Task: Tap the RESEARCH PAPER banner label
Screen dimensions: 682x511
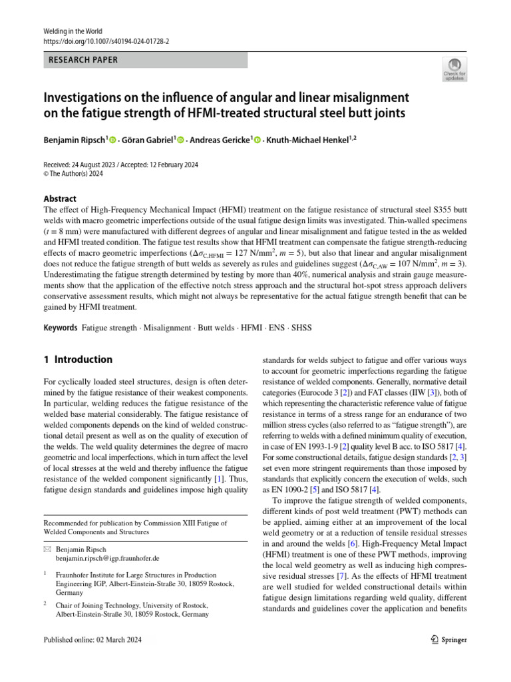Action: coord(84,60)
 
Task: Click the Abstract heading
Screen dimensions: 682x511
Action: coord(60,198)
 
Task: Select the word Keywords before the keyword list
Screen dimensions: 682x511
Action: coord(60,328)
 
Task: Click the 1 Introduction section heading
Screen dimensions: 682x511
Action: coord(78,360)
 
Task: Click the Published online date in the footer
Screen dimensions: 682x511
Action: coord(92,640)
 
